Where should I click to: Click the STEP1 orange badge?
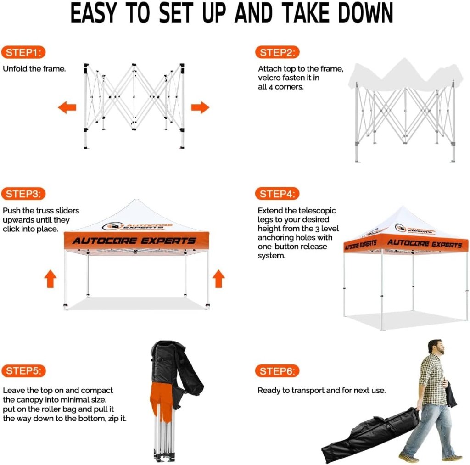pyautogui.click(x=23, y=52)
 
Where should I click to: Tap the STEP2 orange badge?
pyautogui.click(x=277, y=52)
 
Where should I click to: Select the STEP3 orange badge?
pyautogui.click(x=23, y=194)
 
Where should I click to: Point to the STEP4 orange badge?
pyautogui.click(x=277, y=194)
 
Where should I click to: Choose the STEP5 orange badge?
pyautogui.click(x=24, y=371)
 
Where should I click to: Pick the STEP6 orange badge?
pyautogui.click(x=277, y=371)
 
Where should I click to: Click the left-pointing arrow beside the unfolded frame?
pyautogui.click(x=67, y=107)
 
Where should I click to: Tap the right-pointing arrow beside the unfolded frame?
pyautogui.click(x=200, y=107)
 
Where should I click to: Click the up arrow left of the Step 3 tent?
pyautogui.click(x=50, y=279)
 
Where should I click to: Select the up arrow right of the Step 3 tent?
pyautogui.click(x=218, y=279)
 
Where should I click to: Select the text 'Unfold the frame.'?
pyautogui.click(x=34, y=69)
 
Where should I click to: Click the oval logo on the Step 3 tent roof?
pyautogui.click(x=113, y=226)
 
